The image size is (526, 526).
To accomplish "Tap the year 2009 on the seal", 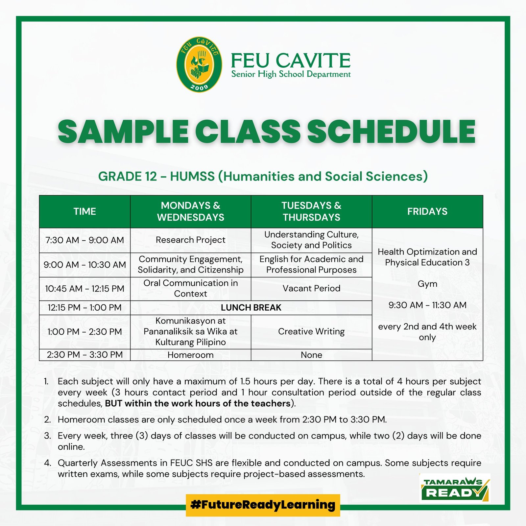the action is tap(200, 87).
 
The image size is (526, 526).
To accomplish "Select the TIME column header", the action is tap(85, 211).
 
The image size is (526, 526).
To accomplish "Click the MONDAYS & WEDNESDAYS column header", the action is tap(191, 211).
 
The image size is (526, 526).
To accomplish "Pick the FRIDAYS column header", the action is tap(427, 211).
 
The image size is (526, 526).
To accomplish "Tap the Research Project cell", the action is tap(191, 240).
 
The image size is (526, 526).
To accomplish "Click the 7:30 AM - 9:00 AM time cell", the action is tap(85, 240).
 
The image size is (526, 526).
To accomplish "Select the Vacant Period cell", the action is tap(312, 289).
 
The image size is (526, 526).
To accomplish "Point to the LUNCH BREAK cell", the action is tap(251, 308).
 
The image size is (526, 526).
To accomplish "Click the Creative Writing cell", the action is tap(312, 332).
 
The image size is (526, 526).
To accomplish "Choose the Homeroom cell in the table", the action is tap(191, 355).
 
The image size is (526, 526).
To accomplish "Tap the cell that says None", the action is tap(312, 355).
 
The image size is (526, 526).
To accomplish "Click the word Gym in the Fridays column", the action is tap(427, 284).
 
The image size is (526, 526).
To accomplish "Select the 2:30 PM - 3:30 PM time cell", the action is tap(85, 355).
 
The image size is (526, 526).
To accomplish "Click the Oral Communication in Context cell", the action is tap(191, 289).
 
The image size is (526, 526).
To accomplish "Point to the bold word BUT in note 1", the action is tap(113, 403).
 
